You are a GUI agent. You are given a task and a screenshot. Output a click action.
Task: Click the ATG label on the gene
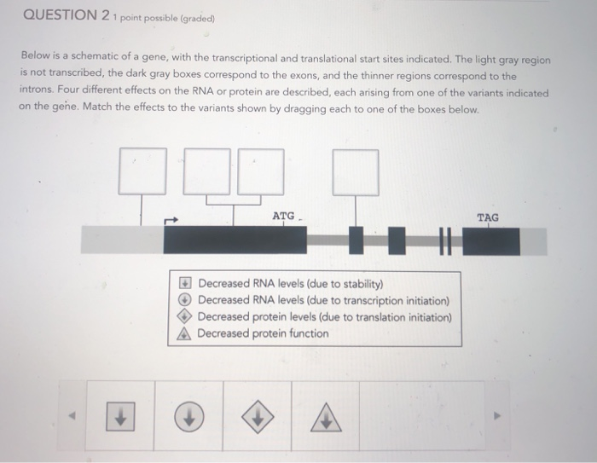(283, 217)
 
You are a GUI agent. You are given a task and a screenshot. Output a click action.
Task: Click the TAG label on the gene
(488, 217)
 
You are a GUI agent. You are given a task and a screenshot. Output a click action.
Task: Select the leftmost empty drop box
(142, 171)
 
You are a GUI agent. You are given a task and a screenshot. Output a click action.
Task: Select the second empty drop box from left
(206, 171)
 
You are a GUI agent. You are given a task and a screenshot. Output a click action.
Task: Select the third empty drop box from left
(260, 171)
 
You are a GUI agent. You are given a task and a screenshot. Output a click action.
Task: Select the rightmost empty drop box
(355, 171)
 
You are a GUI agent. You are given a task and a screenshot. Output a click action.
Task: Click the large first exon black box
(235, 240)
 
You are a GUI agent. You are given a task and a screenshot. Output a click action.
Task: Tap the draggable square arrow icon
(121, 418)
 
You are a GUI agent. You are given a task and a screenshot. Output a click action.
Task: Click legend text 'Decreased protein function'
(263, 333)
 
